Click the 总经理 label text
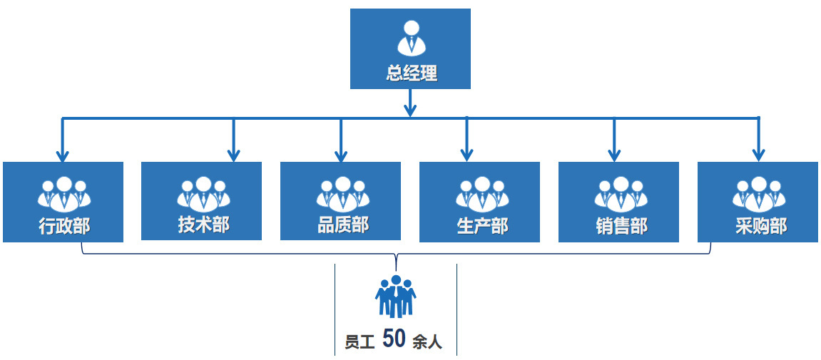coord(411,73)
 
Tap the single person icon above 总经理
coord(411,38)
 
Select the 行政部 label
coord(64,227)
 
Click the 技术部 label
coord(203,225)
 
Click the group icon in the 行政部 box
coord(64,192)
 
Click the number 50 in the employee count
coord(394,339)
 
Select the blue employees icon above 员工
coord(395,296)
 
